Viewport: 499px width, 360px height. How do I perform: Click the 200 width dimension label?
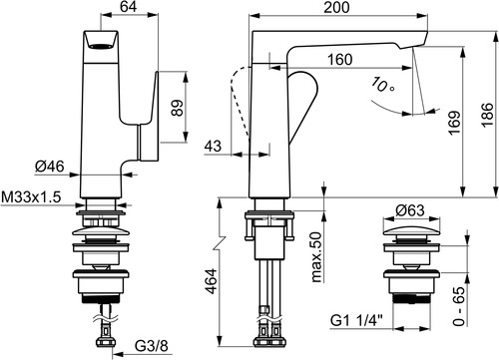336,7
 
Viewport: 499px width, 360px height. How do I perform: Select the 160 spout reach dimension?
339,60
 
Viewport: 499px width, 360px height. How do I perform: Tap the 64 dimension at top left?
128,7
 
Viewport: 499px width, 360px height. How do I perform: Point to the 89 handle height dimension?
178,108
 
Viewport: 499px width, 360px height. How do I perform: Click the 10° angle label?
382,85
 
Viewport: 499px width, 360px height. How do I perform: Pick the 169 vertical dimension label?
454,123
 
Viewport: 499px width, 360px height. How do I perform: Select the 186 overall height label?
487,115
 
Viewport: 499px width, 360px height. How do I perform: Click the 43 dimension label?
213,146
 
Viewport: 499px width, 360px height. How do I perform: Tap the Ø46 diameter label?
50,167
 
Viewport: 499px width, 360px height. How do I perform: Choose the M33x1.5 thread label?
32,196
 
